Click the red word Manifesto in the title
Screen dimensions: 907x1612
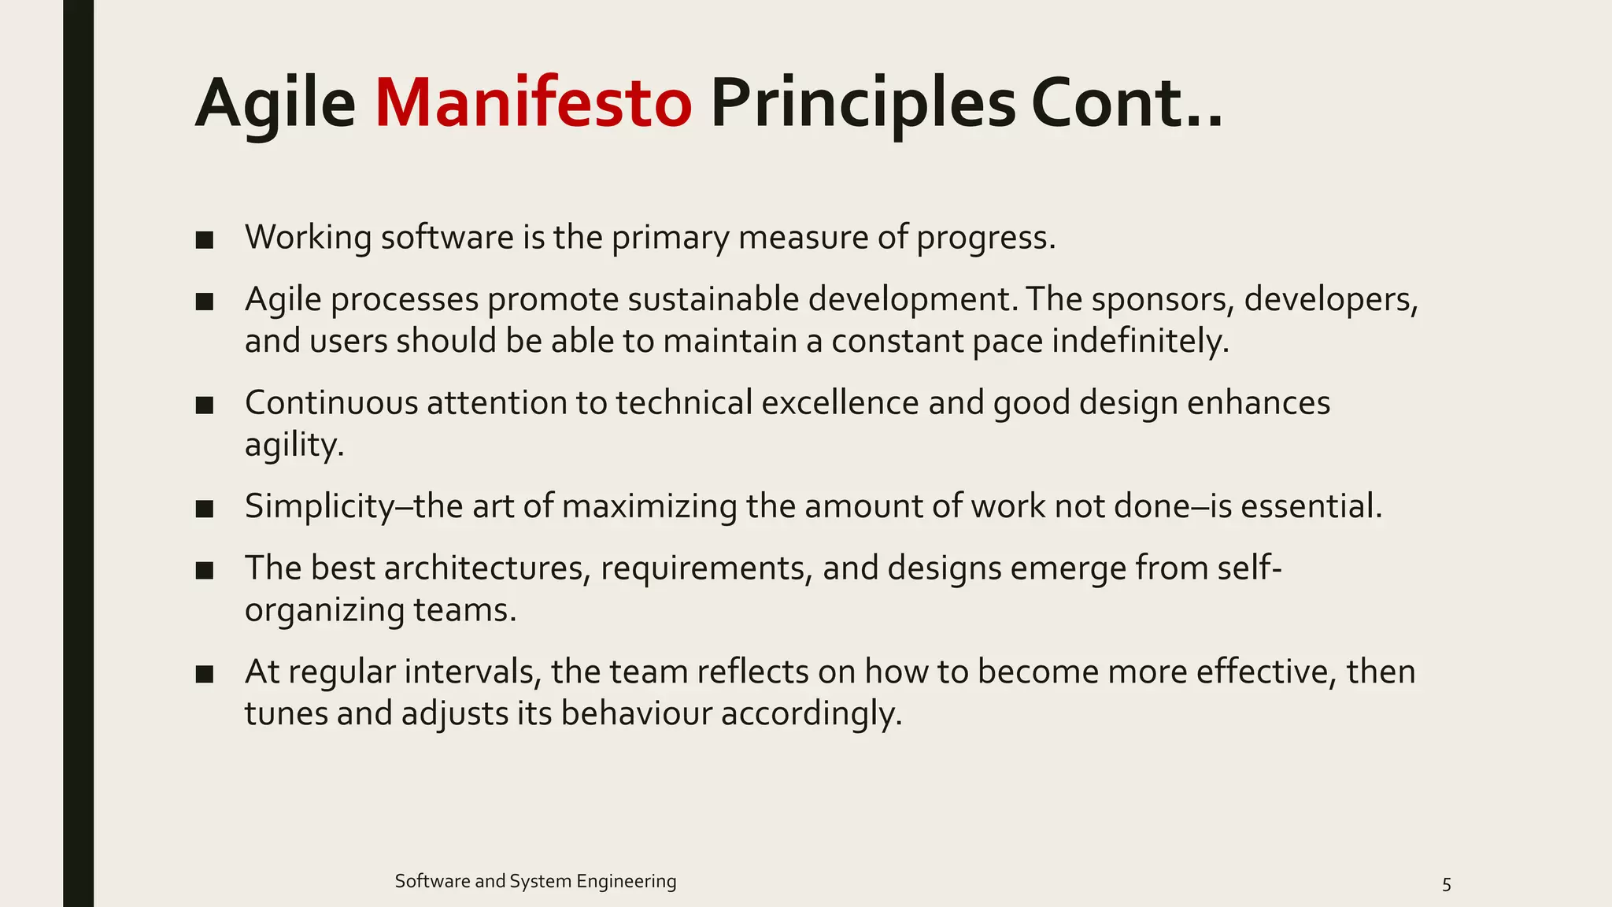click(x=533, y=103)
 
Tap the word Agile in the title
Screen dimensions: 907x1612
click(x=275, y=103)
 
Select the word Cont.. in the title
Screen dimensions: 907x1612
click(x=1126, y=103)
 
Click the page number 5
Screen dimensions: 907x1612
click(x=1446, y=884)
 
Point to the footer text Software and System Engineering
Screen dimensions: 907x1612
click(x=535, y=881)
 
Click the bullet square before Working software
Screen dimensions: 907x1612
click(x=205, y=239)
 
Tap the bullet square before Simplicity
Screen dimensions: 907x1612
click(x=205, y=509)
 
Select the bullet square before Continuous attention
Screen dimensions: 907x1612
click(x=205, y=405)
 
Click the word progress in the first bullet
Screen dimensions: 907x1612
click(x=983, y=238)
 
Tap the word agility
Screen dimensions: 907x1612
click(x=293, y=446)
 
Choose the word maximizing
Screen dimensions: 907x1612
click(x=649, y=506)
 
